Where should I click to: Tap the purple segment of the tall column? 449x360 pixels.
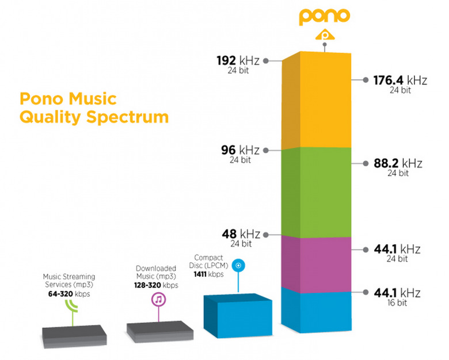(317, 262)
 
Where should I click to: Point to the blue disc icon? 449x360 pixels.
(241, 265)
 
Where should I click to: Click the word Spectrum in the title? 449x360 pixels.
(130, 117)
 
